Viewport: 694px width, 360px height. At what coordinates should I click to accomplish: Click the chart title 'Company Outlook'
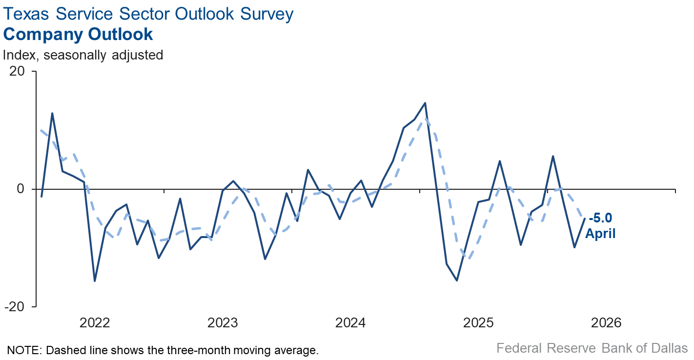point(78,35)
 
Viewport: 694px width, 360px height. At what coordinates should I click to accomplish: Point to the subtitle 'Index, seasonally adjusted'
point(83,55)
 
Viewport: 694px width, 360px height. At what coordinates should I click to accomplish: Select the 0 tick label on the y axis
point(20,189)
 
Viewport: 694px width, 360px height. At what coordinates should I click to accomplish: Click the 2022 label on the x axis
point(95,323)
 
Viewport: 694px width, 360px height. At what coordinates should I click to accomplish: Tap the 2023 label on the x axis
point(223,323)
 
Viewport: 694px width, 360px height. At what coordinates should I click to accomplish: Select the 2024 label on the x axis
point(350,323)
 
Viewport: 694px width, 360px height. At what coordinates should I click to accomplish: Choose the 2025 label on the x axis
point(478,323)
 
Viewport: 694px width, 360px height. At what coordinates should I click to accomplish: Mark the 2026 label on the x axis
point(606,323)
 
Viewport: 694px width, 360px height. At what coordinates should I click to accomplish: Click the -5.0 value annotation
point(601,218)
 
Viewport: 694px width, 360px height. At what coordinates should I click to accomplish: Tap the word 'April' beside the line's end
point(600,234)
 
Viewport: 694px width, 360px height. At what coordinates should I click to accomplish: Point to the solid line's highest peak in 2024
point(425,103)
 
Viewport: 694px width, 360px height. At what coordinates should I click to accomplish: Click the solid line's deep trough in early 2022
point(95,281)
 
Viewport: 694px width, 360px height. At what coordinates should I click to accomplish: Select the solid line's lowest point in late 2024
point(457,280)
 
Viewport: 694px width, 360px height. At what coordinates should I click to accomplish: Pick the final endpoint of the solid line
point(585,219)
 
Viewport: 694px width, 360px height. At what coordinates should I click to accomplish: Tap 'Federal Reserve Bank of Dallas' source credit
point(592,348)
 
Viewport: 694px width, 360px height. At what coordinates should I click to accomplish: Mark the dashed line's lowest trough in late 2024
point(468,259)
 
